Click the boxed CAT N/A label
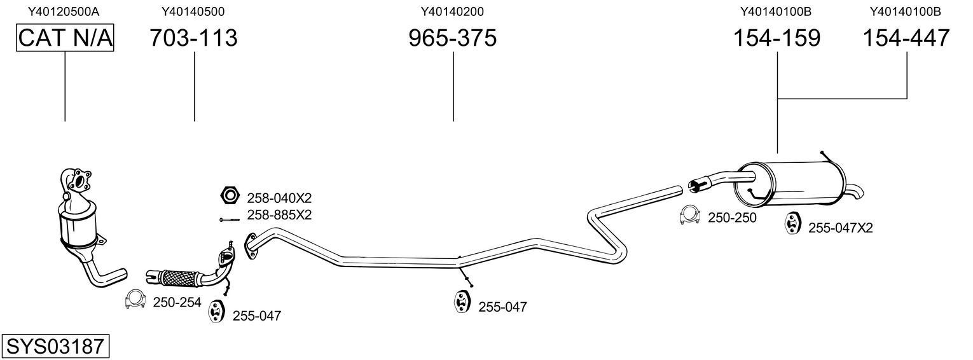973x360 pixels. click(65, 38)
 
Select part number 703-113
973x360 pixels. click(193, 38)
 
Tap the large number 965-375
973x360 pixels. click(452, 38)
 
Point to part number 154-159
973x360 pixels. click(777, 38)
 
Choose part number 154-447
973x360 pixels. click(906, 38)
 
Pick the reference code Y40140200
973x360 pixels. click(452, 11)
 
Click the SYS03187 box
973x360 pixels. click(55, 347)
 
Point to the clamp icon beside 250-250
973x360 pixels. click(689, 216)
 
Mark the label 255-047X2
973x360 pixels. click(840, 228)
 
